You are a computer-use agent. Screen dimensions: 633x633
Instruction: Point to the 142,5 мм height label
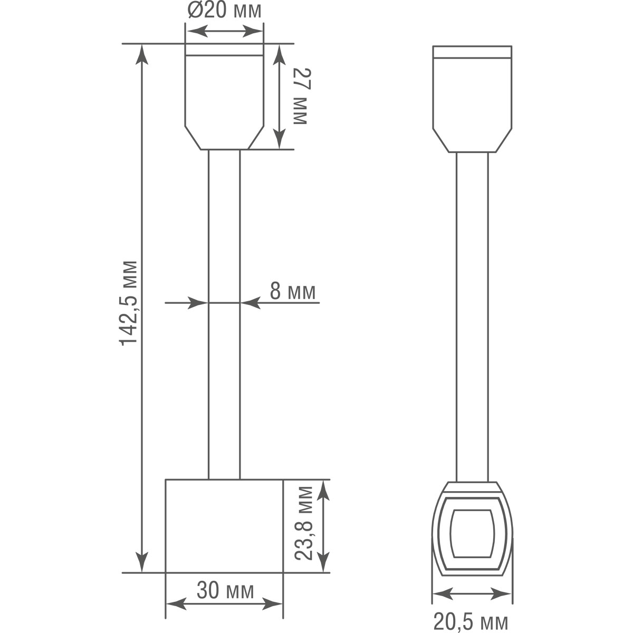[x=129, y=302]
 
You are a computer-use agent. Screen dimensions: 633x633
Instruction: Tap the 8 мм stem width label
[x=293, y=291]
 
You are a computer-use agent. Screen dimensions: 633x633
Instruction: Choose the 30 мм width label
[x=225, y=590]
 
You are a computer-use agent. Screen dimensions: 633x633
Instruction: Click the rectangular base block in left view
[x=224, y=526]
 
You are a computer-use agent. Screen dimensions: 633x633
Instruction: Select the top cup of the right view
[x=472, y=100]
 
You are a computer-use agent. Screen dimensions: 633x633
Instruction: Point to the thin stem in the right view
[x=472, y=316]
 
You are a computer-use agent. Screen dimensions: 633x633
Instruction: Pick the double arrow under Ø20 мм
[x=224, y=32]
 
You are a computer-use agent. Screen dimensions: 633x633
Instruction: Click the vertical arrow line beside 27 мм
[x=279, y=96]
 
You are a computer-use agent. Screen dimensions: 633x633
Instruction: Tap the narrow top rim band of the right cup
[x=472, y=52]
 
